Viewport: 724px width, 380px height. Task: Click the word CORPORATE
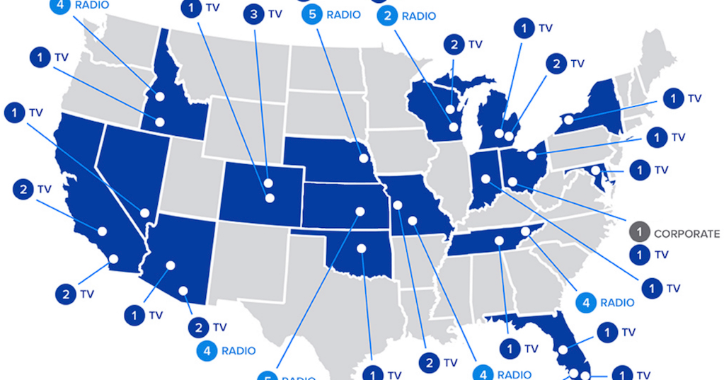[686, 234]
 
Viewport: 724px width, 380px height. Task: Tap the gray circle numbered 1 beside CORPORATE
[639, 232]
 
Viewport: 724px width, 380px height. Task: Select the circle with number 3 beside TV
[254, 13]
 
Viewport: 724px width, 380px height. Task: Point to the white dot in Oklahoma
[361, 248]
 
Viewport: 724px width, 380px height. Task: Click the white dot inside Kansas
[359, 211]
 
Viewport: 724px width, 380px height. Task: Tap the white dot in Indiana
[486, 178]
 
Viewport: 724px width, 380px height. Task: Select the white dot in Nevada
[145, 212]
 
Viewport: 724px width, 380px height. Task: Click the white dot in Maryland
[596, 170]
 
